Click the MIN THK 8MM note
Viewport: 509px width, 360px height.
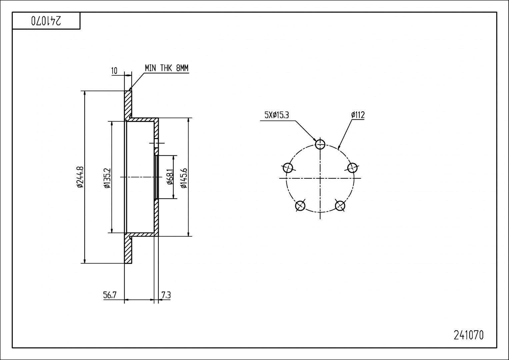click(166, 68)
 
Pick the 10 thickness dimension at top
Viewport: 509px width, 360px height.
click(114, 71)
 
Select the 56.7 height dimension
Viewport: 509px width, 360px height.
click(110, 295)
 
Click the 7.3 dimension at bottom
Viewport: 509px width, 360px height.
click(166, 295)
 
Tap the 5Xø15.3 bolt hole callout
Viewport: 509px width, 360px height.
click(276, 115)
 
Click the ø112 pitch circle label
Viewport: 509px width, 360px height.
click(358, 115)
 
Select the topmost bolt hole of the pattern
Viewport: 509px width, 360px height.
click(320, 144)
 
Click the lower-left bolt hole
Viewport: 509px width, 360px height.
click(300, 206)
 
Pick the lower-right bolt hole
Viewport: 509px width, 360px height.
click(340, 205)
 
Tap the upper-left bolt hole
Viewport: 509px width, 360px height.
click(288, 167)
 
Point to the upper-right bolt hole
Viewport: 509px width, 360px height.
click(352, 167)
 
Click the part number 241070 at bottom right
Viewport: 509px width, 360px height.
click(468, 335)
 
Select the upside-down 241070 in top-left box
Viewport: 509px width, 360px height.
click(46, 21)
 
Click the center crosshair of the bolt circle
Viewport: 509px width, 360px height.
click(320, 178)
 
